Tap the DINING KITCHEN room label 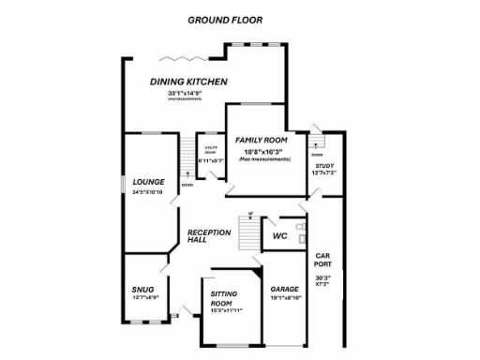pos(188,82)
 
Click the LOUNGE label pos(148,182)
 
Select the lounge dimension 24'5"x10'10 pos(147,192)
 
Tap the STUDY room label pos(324,165)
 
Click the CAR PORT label pos(322,261)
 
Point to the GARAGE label pos(284,289)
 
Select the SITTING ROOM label pos(221,299)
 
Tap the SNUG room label pos(142,287)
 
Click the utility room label pos(211,149)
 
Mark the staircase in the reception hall pos(248,230)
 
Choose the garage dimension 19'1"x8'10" pos(285,299)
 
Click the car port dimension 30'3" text pos(322,277)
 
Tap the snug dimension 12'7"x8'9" pos(143,297)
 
